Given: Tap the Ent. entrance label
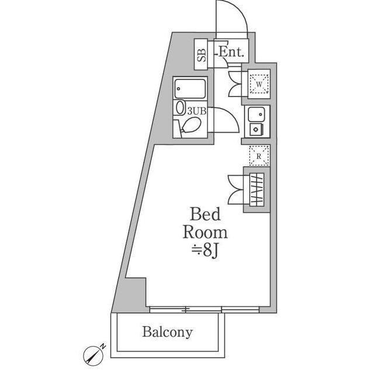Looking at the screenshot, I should (231, 51).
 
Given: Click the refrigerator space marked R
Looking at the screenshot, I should (258, 155).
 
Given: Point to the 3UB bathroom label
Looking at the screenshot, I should (196, 109).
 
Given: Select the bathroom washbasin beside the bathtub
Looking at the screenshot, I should (180, 109).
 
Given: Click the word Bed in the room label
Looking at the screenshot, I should (206, 214).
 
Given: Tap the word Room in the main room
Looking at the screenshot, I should (205, 232).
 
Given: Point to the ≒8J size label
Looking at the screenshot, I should (205, 252).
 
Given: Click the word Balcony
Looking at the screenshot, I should (167, 333).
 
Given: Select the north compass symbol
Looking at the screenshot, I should (93, 353).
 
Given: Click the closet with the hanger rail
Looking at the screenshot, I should (257, 189).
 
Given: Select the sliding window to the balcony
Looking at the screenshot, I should (205, 309).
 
